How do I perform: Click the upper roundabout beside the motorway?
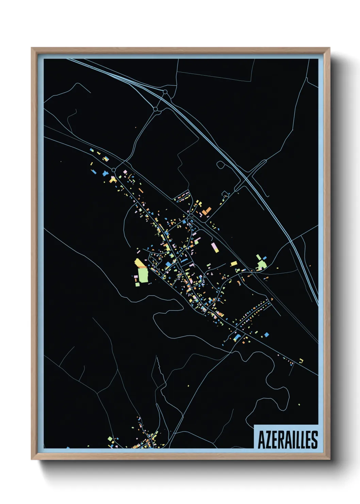pyautogui.click(x=165, y=92)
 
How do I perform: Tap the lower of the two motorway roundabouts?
pyautogui.click(x=156, y=109)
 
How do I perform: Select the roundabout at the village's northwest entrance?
pyautogui.click(x=113, y=170)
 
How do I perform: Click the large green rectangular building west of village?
pyautogui.click(x=143, y=275)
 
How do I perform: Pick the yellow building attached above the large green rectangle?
pyautogui.click(x=140, y=263)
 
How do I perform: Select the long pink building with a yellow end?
pyautogui.click(x=215, y=248)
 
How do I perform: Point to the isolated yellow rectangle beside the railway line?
pyautogui.click(x=233, y=263)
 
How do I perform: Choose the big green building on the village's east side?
pyautogui.click(x=261, y=264)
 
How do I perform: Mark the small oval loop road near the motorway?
pyautogui.click(x=220, y=165)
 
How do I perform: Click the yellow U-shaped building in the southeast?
pyautogui.click(x=301, y=361)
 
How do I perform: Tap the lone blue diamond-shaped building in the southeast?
pyautogui.click(x=266, y=334)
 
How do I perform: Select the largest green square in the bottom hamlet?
pyautogui.click(x=110, y=439)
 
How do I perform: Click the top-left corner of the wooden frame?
pyautogui.click(x=32, y=48)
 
